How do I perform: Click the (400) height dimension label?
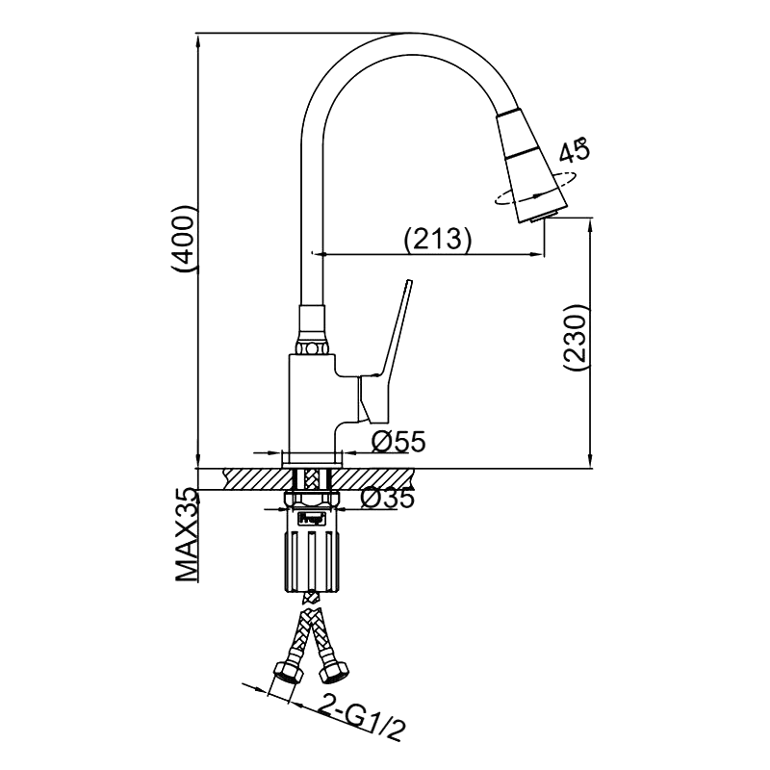click(184, 237)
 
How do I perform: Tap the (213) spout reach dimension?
click(437, 238)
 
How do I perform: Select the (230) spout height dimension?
click(575, 339)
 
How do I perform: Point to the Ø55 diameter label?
click(398, 442)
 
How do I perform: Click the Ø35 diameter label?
click(387, 499)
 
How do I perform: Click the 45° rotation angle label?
click(575, 150)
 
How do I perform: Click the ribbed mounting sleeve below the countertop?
click(311, 561)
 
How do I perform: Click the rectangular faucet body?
click(312, 402)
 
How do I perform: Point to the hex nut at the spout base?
click(312, 348)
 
